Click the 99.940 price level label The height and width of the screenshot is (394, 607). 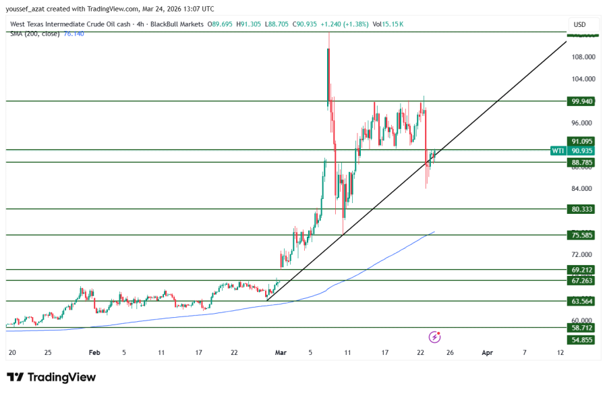[x=582, y=101]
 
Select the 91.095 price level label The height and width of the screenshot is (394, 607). [x=582, y=141]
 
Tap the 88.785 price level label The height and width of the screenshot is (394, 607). [x=582, y=163]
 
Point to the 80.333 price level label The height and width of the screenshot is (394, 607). [x=582, y=209]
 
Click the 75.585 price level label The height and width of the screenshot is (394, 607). [x=582, y=235]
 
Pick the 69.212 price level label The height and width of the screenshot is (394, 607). [x=582, y=269]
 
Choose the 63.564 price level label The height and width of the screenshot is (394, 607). [x=582, y=301]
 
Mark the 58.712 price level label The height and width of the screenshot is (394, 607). [x=582, y=328]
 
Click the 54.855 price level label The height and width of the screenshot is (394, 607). [x=582, y=339]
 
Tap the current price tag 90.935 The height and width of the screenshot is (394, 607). [x=582, y=150]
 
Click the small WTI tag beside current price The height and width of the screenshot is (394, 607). [x=558, y=150]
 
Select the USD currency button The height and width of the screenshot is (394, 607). [x=579, y=24]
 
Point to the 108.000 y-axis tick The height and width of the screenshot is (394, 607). [x=582, y=57]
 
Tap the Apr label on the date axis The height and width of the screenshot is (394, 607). [x=487, y=352]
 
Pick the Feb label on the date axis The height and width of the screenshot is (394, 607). [x=94, y=352]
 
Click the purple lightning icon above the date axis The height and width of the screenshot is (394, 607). [x=435, y=336]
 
